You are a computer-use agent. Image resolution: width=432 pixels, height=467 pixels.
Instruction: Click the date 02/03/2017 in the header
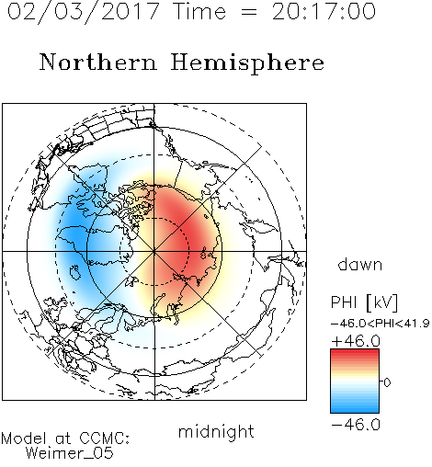(84, 12)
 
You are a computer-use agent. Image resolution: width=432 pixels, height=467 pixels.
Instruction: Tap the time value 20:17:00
(324, 12)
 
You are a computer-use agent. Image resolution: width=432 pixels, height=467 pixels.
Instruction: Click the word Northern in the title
(98, 62)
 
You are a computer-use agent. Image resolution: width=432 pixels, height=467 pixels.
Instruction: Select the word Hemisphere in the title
(247, 63)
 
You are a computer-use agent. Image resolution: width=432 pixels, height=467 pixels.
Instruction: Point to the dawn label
(360, 265)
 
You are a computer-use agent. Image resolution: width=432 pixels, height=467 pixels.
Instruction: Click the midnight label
(216, 431)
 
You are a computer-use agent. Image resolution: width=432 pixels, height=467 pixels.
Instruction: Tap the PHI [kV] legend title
(364, 302)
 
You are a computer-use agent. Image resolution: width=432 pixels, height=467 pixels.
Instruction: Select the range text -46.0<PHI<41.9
(380, 324)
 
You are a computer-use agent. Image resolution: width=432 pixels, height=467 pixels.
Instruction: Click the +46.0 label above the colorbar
(356, 341)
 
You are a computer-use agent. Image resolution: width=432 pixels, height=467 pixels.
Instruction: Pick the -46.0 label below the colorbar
(356, 425)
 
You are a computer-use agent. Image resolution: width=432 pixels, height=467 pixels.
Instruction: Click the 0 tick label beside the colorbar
(387, 382)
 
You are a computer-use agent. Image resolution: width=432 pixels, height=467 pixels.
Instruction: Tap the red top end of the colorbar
(355, 352)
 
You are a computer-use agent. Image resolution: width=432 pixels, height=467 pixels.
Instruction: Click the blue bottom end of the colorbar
(355, 410)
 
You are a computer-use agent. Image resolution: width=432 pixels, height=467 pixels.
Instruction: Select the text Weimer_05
(70, 453)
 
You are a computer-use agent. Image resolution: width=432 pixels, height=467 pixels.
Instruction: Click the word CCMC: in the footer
(104, 439)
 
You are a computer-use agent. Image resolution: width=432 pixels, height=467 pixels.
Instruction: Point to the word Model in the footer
(24, 439)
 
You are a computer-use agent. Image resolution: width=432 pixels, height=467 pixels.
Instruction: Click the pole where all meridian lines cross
(154, 251)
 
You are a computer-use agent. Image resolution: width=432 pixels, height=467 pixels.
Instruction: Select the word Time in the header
(199, 12)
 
